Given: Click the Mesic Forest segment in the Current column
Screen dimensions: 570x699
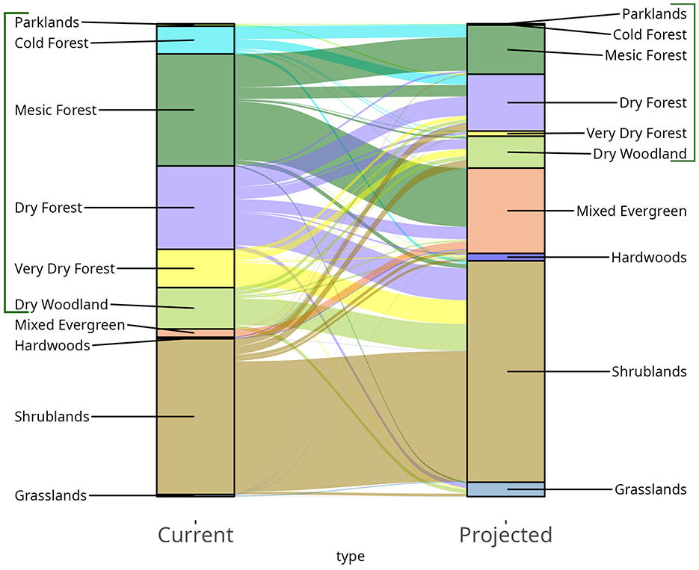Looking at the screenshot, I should [195, 110].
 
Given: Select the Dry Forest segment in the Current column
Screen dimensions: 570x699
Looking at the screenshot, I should [195, 208].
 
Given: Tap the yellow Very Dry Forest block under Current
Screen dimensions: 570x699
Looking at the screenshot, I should [195, 268].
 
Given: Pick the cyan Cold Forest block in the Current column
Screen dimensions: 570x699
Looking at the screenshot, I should [195, 40].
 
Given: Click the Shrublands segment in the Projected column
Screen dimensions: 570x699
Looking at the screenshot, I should [506, 371].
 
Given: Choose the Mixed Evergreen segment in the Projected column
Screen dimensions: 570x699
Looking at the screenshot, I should [506, 211].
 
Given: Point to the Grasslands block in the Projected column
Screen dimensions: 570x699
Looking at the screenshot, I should [506, 489].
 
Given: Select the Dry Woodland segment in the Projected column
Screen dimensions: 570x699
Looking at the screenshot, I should [506, 152].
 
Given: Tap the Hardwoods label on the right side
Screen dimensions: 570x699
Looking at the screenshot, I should [648, 257].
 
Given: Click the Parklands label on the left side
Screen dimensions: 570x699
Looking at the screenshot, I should [46, 22].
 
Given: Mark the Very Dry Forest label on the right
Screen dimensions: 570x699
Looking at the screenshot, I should [635, 133].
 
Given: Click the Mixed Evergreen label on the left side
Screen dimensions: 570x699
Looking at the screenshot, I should [70, 325].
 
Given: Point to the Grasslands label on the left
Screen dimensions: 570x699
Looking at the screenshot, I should [50, 495].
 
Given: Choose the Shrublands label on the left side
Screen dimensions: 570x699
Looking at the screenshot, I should [52, 416].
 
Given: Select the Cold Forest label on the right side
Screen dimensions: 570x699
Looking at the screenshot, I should [649, 34].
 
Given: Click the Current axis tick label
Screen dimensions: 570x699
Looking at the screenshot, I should [195, 535].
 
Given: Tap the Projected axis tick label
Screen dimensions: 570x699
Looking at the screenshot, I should [505, 535].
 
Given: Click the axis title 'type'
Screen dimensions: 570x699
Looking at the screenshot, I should [350, 557].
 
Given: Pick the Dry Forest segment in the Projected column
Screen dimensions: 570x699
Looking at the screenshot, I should [506, 102].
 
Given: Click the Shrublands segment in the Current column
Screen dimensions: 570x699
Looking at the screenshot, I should [195, 416].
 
